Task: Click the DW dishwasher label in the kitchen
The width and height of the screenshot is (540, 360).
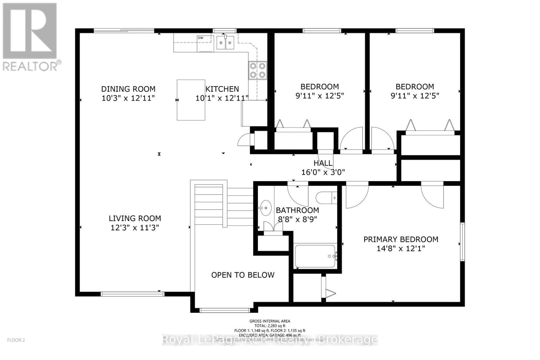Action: click(x=200, y=38)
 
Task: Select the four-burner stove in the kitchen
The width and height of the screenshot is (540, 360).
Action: click(x=258, y=71)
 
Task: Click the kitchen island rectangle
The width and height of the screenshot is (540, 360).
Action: click(x=191, y=100)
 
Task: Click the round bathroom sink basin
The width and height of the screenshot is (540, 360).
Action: click(x=266, y=208)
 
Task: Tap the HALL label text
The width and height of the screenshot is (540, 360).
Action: click(x=323, y=163)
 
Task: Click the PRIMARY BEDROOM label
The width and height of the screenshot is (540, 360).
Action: click(x=401, y=239)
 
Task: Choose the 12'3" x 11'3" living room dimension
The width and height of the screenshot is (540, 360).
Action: click(x=135, y=228)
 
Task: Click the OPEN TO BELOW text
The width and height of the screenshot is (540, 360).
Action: click(x=243, y=275)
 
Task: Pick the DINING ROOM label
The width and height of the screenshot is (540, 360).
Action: click(x=128, y=89)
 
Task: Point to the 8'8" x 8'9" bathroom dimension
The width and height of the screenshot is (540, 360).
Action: click(x=297, y=219)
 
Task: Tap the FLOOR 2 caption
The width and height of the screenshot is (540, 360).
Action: click(x=16, y=340)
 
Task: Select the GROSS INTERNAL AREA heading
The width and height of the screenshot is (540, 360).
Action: click(x=270, y=321)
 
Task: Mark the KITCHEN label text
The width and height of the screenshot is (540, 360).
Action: click(x=222, y=89)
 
